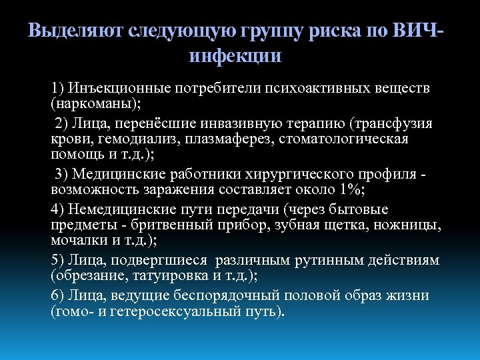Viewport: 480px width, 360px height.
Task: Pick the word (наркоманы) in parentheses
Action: (90, 105)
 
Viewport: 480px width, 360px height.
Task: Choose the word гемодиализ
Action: (133, 139)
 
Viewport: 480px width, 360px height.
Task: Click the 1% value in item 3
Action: (346, 191)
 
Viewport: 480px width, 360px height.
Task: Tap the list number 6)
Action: (57, 295)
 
